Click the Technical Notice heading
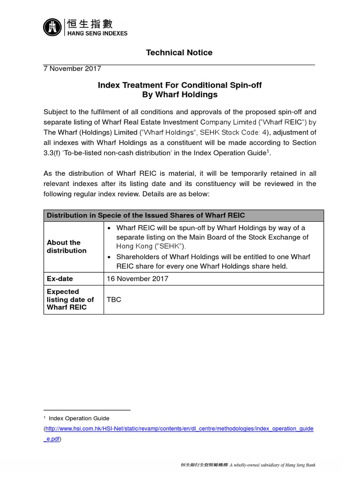click(179, 52)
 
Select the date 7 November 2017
click(72, 68)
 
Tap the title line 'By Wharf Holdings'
click(180, 94)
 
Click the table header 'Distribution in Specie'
click(145, 215)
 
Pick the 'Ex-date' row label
click(60, 278)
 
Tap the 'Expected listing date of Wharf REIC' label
click(70, 300)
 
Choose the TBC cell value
click(114, 300)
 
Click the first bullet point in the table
click(109, 228)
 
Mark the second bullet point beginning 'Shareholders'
click(109, 257)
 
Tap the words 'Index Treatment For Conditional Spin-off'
click(180, 85)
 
